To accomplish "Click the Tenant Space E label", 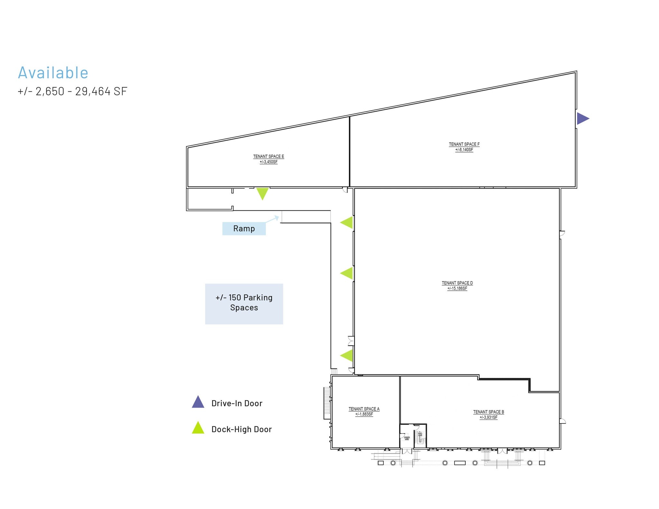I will [268, 157].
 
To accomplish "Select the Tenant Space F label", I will [464, 144].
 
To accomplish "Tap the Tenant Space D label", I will [457, 283].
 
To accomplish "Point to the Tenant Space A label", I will [364, 409].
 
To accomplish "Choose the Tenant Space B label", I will [488, 412].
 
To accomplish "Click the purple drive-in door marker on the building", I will [582, 118].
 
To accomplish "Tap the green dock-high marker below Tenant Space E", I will [262, 193].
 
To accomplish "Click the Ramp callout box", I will [244, 229].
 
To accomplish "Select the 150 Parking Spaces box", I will [244, 304].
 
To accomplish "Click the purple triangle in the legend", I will [198, 403].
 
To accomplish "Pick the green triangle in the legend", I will [198, 428].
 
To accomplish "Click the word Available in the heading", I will [53, 73].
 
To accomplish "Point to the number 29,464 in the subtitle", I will [93, 91].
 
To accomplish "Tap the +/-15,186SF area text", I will [457, 288].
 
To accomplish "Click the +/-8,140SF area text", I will [464, 150].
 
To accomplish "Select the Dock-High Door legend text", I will [241, 429].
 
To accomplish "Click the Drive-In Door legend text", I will [237, 403].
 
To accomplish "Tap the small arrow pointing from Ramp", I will [272, 219].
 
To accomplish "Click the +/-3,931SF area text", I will [488, 417].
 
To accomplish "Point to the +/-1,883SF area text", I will [364, 414].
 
